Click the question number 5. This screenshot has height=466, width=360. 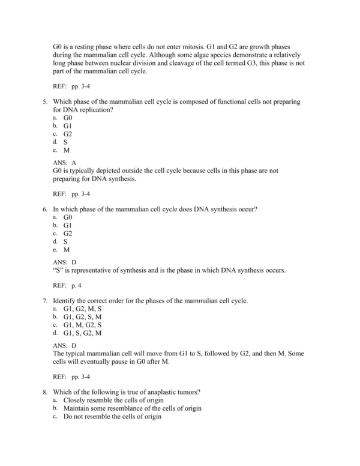[x=45, y=102]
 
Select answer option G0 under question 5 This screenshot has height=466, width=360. [x=67, y=118]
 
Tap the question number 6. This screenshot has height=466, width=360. [x=45, y=208]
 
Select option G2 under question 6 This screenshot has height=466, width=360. [x=67, y=233]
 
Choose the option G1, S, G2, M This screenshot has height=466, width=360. [x=82, y=333]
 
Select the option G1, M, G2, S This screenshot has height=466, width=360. [x=82, y=324]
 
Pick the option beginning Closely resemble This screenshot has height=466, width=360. [x=113, y=400]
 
